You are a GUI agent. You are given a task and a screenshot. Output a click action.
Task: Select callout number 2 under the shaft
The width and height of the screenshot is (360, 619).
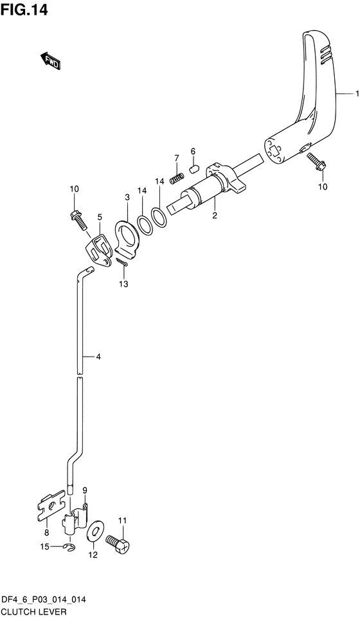pyautogui.click(x=215, y=215)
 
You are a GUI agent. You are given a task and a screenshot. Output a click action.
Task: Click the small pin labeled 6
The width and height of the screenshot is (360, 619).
pyautogui.click(x=192, y=170)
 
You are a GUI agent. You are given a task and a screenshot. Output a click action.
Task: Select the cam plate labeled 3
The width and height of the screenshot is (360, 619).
pyautogui.click(x=129, y=235)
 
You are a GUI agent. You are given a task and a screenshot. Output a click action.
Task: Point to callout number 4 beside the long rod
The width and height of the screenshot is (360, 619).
pyautogui.click(x=98, y=356)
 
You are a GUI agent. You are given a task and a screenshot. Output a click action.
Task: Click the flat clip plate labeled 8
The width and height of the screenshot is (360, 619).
pyautogui.click(x=50, y=507)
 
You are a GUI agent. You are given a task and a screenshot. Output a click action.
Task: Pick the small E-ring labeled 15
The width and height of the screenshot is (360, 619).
pyautogui.click(x=69, y=546)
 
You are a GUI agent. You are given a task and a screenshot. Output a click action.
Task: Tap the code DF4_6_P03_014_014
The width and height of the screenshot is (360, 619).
pyautogui.click(x=44, y=600)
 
